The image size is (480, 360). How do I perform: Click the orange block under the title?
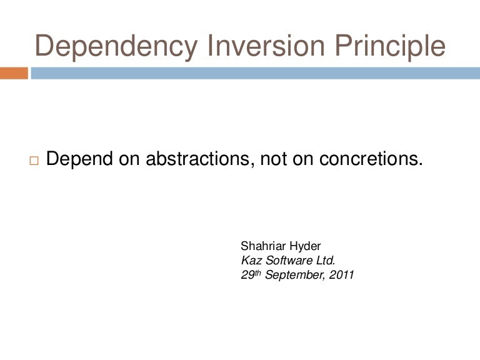click(x=14, y=73)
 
